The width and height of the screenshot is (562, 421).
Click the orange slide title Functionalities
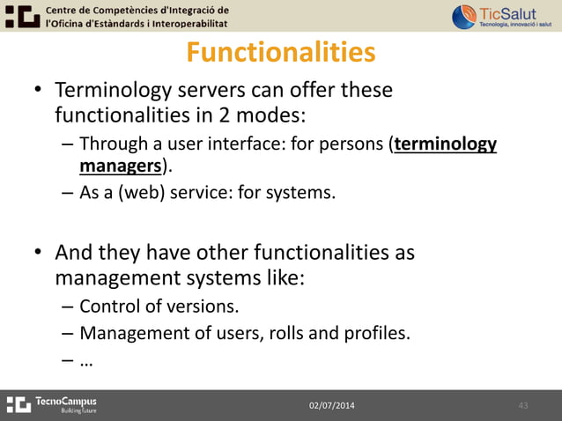[280, 53]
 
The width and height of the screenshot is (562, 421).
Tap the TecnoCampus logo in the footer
[53, 404]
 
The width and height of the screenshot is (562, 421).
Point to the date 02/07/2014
[332, 405]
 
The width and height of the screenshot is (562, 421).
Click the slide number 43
[522, 405]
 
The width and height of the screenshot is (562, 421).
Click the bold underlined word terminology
[446, 144]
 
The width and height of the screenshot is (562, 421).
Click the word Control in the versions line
[109, 307]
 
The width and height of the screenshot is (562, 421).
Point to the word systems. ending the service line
[307, 193]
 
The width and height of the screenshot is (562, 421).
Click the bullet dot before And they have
[38, 255]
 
